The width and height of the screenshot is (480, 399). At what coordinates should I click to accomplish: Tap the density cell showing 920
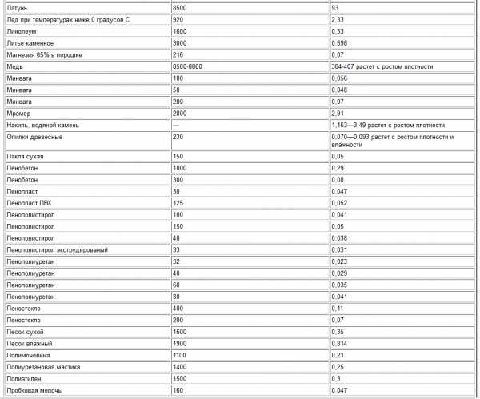(x=179, y=18)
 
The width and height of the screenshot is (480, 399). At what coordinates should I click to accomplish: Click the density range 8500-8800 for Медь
(x=189, y=66)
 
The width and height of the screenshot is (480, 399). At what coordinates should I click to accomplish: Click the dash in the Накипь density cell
(x=177, y=126)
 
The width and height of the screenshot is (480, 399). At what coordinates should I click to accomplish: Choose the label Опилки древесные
(x=34, y=137)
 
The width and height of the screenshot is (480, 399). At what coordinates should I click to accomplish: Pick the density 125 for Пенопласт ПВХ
(x=179, y=204)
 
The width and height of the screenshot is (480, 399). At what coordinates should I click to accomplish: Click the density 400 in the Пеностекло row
(x=179, y=308)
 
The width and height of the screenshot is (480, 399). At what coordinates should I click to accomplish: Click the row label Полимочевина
(x=28, y=354)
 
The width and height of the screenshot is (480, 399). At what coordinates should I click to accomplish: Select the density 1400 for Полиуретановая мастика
(x=181, y=366)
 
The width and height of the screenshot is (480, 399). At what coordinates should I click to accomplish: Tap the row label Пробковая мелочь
(x=34, y=390)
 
